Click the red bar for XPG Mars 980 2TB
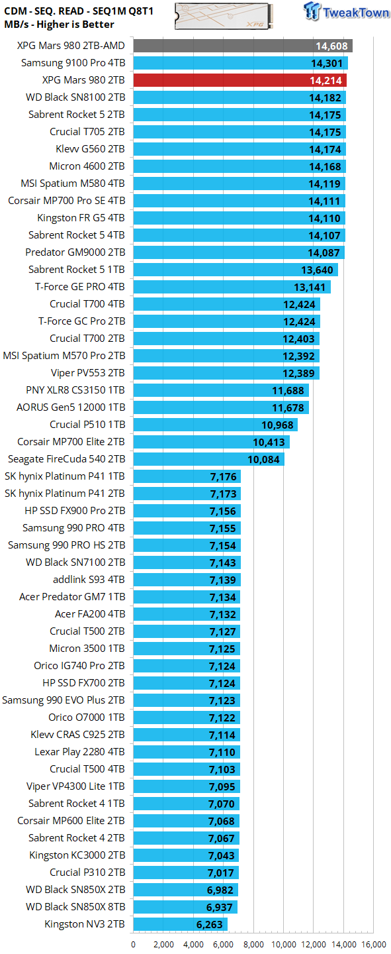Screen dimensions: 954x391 tap(239, 80)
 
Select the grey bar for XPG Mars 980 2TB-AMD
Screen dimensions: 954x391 tap(243, 46)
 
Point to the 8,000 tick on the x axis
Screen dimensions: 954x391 tap(254, 944)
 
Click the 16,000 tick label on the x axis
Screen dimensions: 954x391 tap(374, 944)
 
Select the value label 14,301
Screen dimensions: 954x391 tap(327, 64)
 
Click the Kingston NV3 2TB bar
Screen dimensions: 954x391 tap(180, 924)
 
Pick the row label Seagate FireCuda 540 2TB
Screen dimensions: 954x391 tap(66, 459)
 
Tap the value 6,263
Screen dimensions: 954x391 tap(208, 924)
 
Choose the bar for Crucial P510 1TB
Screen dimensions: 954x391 tap(215, 425)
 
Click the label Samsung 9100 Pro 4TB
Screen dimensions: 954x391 tap(73, 63)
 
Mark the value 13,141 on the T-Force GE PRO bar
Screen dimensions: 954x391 tap(310, 287)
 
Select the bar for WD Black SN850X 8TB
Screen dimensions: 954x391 tap(185, 907)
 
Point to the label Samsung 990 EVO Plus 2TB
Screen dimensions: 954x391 tap(64, 700)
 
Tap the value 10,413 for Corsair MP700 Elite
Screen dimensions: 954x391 tap(269, 442)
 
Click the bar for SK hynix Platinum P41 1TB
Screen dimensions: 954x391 tap(187, 476)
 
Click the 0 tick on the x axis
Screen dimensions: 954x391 tap(134, 944)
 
